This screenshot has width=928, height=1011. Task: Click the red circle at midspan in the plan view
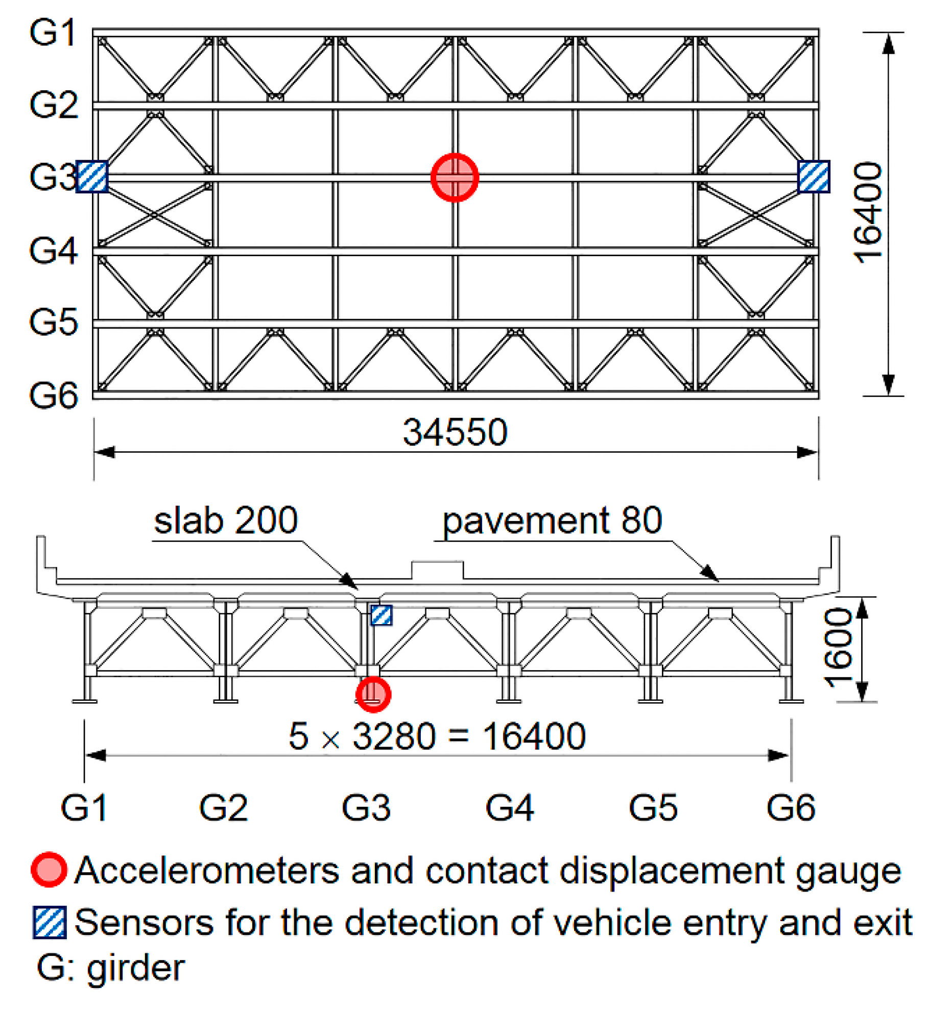click(x=454, y=177)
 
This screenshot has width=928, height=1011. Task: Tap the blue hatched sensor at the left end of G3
click(x=92, y=177)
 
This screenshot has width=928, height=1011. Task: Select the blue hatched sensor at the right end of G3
click(x=813, y=177)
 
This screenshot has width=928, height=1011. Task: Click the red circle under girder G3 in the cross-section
click(x=373, y=694)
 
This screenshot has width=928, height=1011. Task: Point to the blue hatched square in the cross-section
click(x=381, y=615)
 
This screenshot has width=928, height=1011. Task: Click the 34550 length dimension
click(x=455, y=433)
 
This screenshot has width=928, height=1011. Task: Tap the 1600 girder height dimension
click(x=838, y=648)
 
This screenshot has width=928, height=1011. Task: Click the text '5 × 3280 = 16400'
click(x=437, y=736)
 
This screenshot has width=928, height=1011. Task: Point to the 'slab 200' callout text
click(x=225, y=521)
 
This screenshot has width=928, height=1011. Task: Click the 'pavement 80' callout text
click(x=552, y=521)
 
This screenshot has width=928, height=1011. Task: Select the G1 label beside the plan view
click(x=53, y=33)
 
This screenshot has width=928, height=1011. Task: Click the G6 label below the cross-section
click(x=791, y=808)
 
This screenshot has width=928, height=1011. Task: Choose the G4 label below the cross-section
click(x=509, y=808)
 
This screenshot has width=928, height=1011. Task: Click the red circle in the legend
click(x=49, y=870)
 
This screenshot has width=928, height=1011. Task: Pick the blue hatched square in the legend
click(x=50, y=922)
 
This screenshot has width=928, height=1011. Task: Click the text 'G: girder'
click(x=110, y=968)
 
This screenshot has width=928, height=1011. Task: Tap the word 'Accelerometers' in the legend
click(x=206, y=870)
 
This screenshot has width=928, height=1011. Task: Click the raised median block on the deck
click(x=437, y=570)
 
